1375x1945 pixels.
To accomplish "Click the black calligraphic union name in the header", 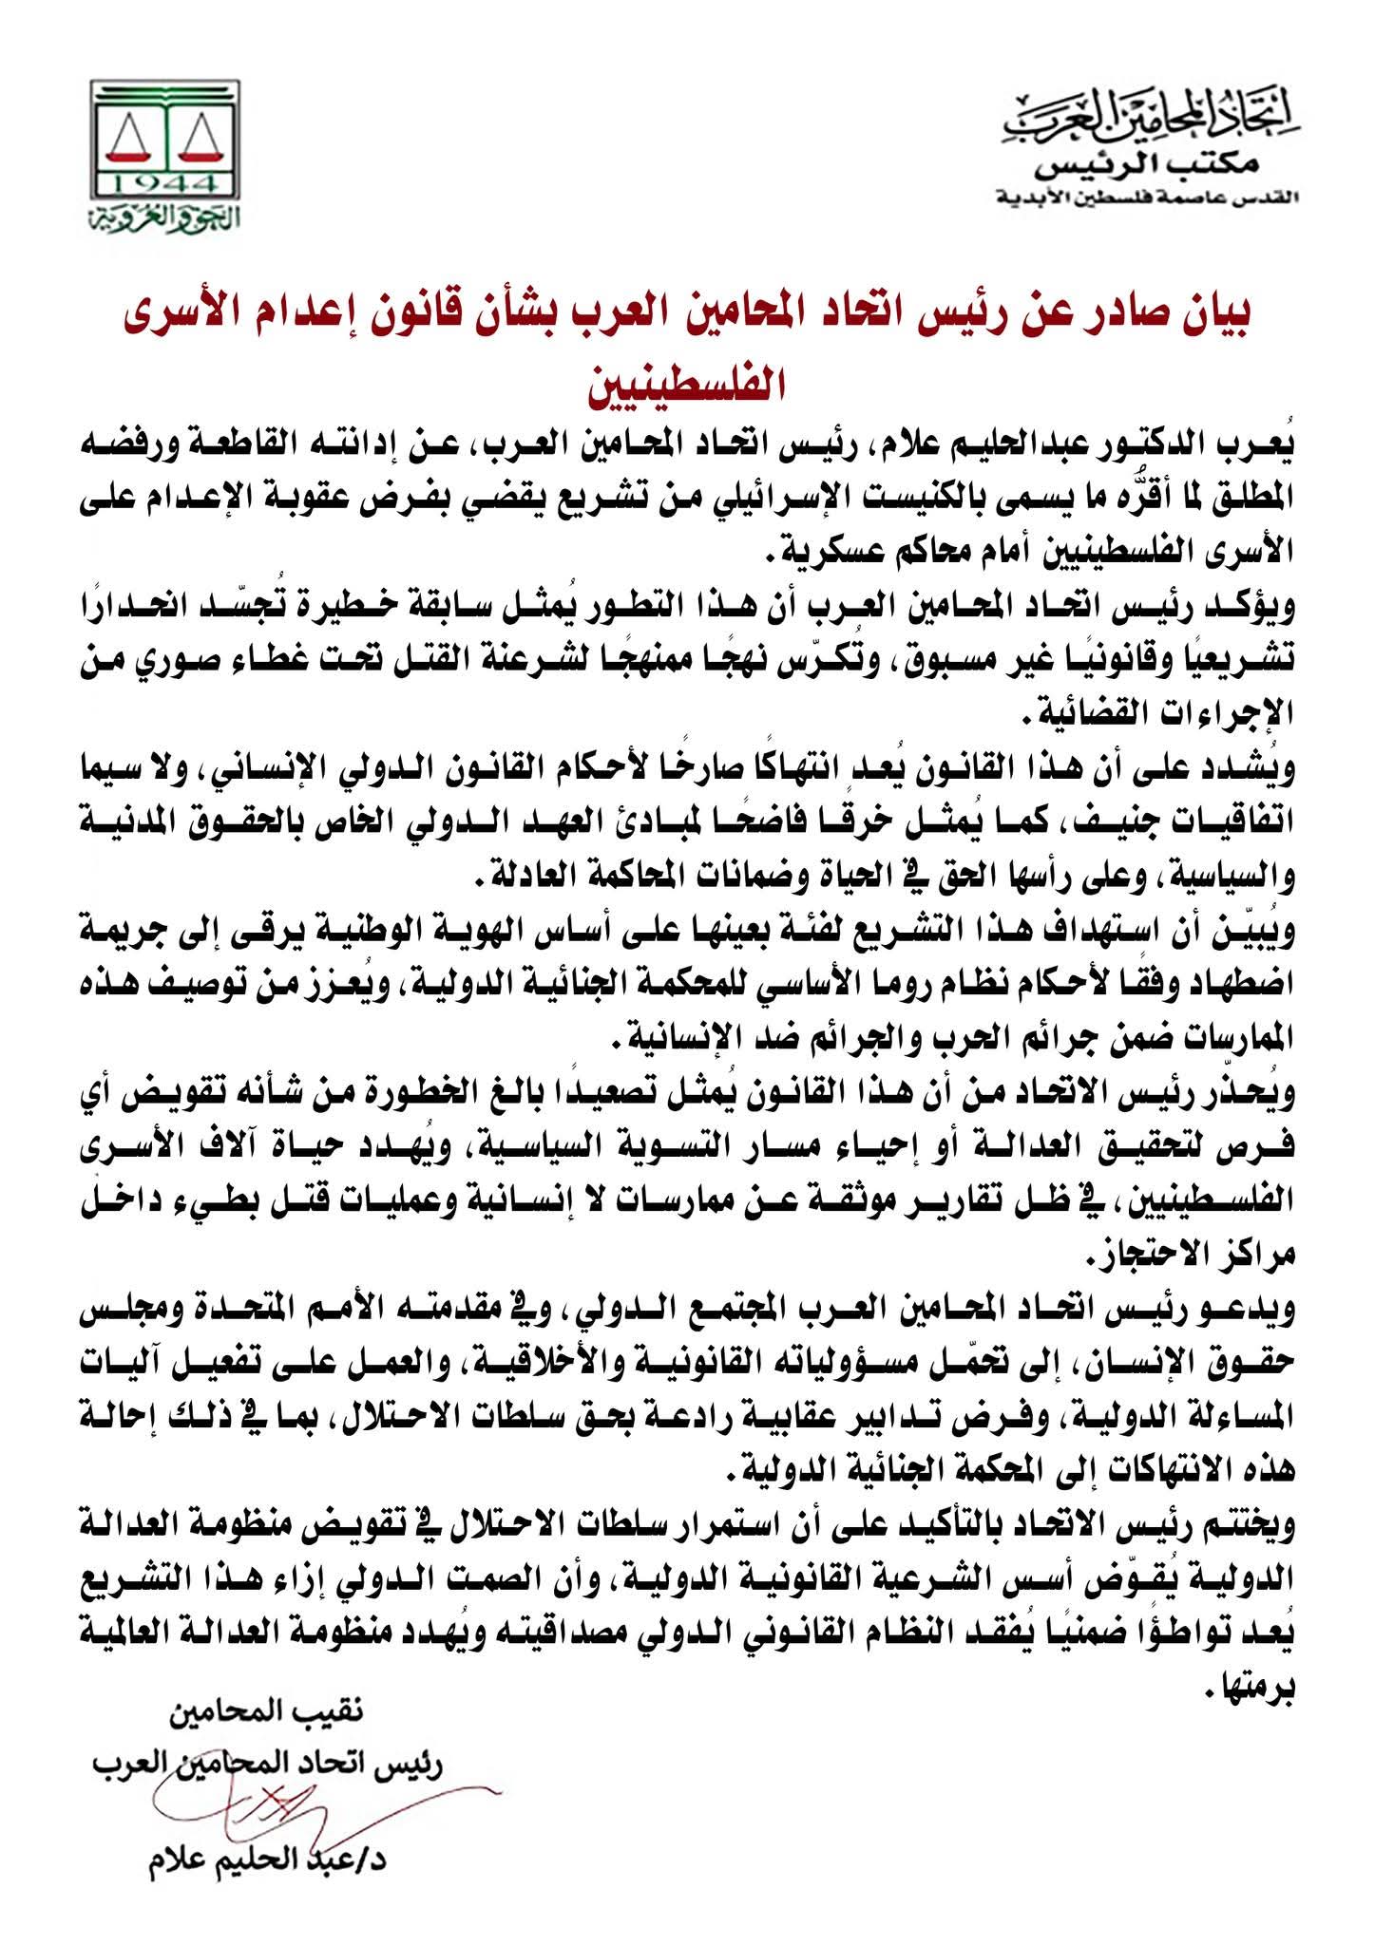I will click(x=1155, y=122).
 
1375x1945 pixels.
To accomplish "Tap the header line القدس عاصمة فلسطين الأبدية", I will click(x=1145, y=198).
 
